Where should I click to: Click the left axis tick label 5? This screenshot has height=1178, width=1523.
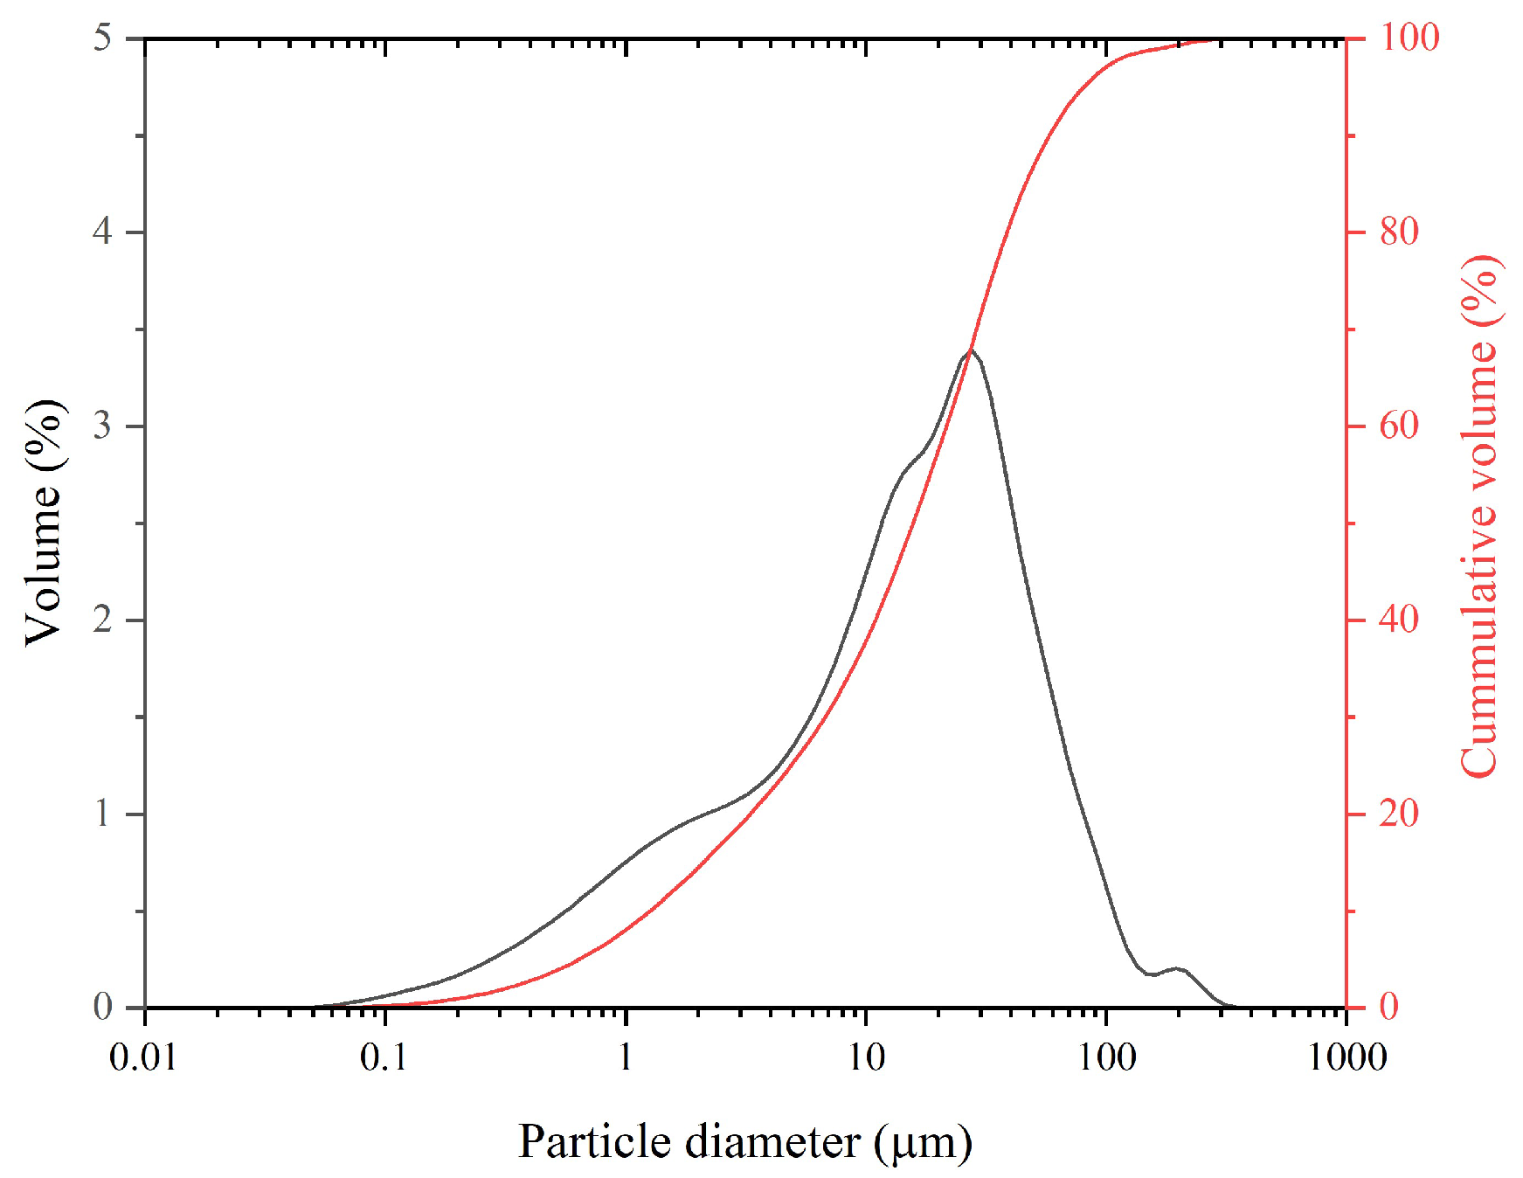click(x=103, y=38)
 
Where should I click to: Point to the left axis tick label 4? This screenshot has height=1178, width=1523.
click(x=103, y=232)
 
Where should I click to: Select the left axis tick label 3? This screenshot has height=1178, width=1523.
click(x=103, y=426)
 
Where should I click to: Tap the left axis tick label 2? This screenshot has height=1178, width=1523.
click(x=103, y=620)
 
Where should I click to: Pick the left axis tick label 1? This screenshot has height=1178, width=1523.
click(x=103, y=814)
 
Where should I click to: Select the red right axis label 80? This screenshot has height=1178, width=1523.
click(x=1399, y=232)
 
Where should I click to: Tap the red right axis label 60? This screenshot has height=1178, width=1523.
click(x=1399, y=426)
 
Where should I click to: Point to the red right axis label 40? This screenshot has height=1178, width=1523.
click(x=1399, y=620)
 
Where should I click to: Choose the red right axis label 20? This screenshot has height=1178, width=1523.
click(x=1399, y=814)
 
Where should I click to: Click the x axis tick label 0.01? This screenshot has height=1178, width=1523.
click(x=143, y=1058)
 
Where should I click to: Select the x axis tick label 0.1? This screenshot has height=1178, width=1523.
click(x=384, y=1058)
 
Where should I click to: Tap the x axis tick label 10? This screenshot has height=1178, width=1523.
click(x=866, y=1058)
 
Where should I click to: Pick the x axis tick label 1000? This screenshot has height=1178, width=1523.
click(x=1346, y=1058)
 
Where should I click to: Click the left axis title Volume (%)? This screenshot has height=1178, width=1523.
click(x=44, y=523)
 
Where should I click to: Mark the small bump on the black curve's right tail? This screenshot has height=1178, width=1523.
click(x=1179, y=968)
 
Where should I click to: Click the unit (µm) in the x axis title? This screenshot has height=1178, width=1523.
click(x=923, y=1143)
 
